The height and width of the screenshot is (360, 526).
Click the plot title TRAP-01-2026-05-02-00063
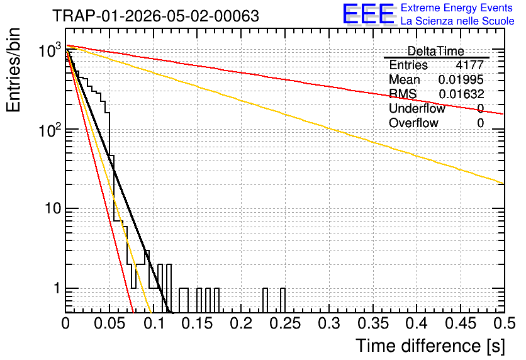click(x=155, y=16)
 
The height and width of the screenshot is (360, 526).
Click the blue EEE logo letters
click(x=368, y=14)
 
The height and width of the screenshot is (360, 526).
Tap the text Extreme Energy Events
click(x=457, y=8)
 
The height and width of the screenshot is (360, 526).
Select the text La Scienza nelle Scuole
click(x=457, y=21)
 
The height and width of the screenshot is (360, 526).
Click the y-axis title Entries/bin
click(x=13, y=70)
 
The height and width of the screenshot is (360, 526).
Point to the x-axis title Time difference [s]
click(x=430, y=346)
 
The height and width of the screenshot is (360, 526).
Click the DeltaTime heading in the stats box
click(x=435, y=51)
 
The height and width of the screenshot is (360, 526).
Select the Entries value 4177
click(x=469, y=65)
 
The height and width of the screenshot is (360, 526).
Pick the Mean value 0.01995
click(x=461, y=79)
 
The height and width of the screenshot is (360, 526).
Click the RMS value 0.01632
click(x=461, y=94)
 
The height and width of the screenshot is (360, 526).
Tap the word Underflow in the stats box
click(x=417, y=108)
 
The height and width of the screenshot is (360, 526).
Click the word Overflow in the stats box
click(x=413, y=123)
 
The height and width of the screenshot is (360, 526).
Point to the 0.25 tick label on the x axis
click(x=286, y=323)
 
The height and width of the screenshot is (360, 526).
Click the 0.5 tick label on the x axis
click(x=505, y=323)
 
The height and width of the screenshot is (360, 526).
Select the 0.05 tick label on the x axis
click(x=109, y=323)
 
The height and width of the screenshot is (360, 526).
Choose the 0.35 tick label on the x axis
click(x=373, y=323)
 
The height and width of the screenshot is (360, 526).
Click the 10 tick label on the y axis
click(x=53, y=209)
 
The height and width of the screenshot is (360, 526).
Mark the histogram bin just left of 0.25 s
click(x=283, y=300)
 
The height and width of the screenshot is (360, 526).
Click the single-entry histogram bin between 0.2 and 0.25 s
click(x=266, y=300)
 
